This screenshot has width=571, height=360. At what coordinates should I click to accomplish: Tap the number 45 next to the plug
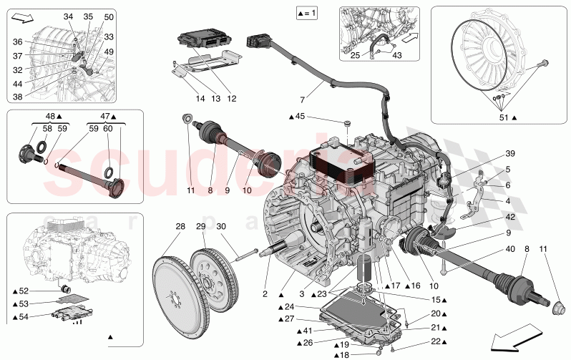pos(319,116)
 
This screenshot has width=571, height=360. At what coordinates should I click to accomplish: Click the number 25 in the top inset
pos(356,55)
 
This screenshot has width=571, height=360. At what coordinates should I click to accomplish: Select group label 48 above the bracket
pos(50,116)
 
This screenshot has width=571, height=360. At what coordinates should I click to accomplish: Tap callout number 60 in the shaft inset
pos(107,129)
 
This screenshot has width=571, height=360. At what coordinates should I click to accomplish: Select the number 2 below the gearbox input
pos(265,293)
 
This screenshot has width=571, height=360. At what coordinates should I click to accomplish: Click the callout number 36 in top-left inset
pos(17,42)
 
